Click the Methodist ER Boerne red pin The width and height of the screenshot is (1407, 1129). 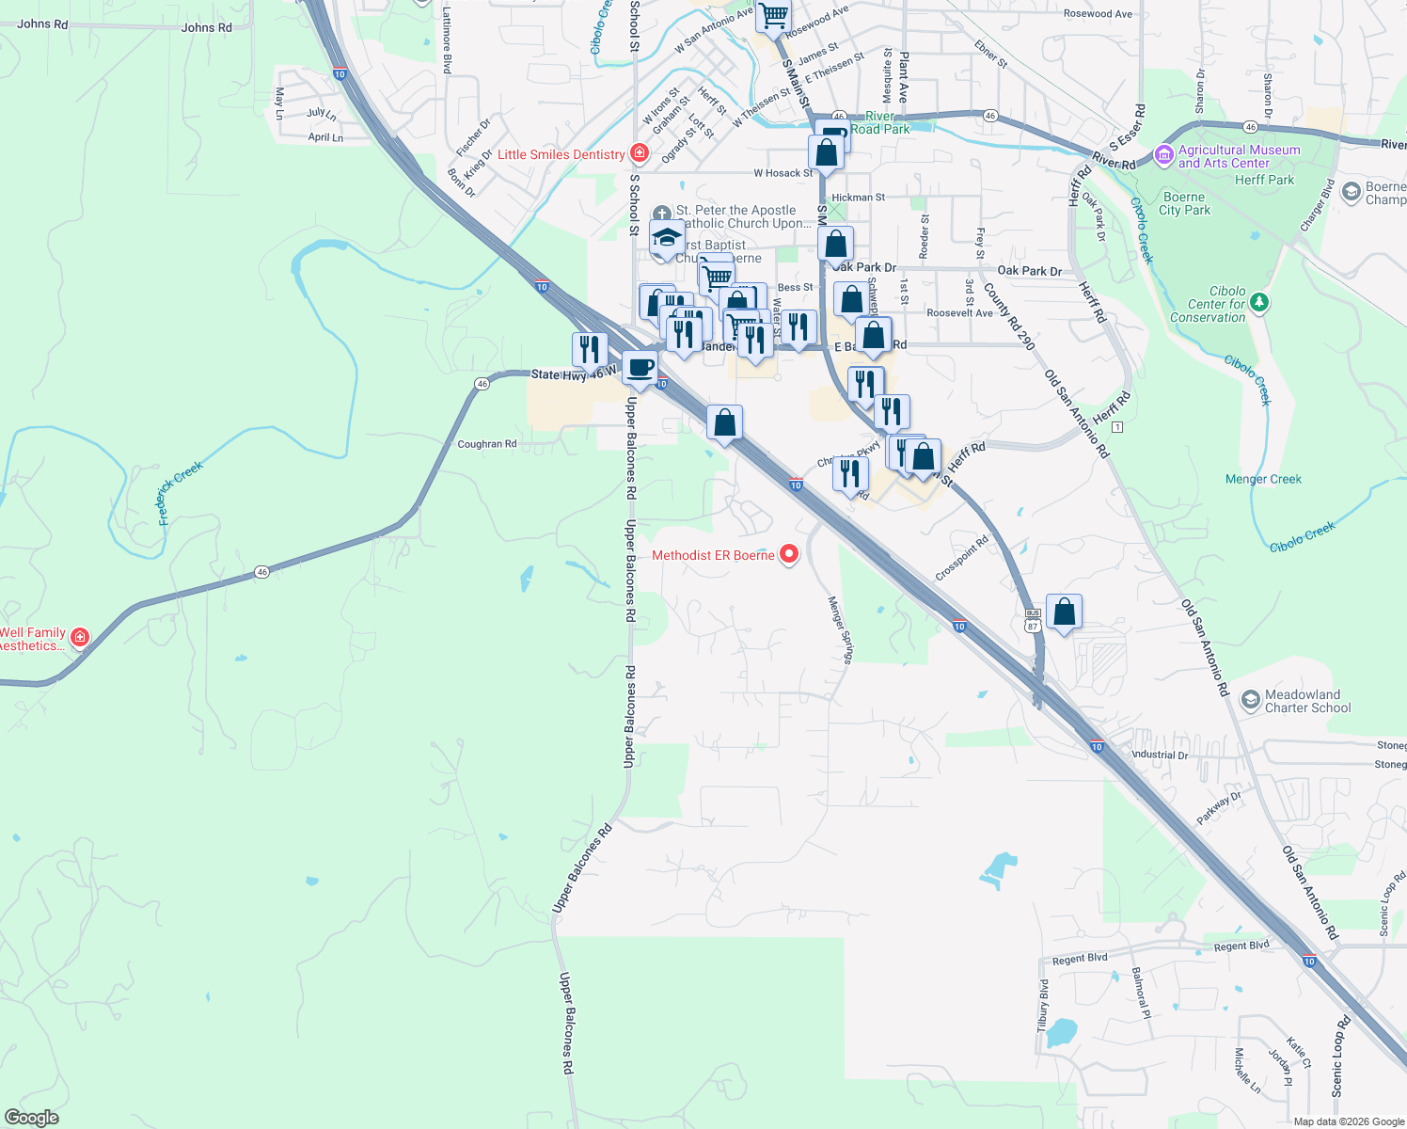pyautogui.click(x=790, y=555)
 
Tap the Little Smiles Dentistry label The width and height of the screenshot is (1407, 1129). pyautogui.click(x=561, y=154)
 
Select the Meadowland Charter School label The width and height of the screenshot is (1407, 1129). pyautogui.click(x=1307, y=701)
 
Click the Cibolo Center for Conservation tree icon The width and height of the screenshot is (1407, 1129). pyautogui.click(x=1259, y=303)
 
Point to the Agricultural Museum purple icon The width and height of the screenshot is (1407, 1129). pyautogui.click(x=1164, y=153)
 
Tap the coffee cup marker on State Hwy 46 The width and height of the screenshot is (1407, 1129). pyautogui.click(x=640, y=368)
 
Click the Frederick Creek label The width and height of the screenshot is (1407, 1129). pyautogui.click(x=181, y=492)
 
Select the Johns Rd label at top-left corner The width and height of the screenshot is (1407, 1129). pyautogui.click(x=42, y=24)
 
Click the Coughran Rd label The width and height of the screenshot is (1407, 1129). pyautogui.click(x=487, y=444)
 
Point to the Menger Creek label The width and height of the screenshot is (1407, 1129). pyautogui.click(x=1263, y=479)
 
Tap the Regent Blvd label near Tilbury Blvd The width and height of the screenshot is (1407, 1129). pyautogui.click(x=1080, y=959)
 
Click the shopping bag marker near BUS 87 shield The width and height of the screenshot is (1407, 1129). pyautogui.click(x=1064, y=612)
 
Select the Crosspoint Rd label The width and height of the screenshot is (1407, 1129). pyautogui.click(x=962, y=559)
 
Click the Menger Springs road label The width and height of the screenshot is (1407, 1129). pyautogui.click(x=840, y=629)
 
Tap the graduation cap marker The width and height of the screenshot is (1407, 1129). pyautogui.click(x=667, y=237)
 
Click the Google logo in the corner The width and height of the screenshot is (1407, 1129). pyautogui.click(x=32, y=1117)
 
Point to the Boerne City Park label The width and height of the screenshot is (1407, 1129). pyautogui.click(x=1184, y=203)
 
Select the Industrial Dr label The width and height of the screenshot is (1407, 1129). pyautogui.click(x=1160, y=755)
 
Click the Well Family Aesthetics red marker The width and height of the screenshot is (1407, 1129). pyautogui.click(x=80, y=638)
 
